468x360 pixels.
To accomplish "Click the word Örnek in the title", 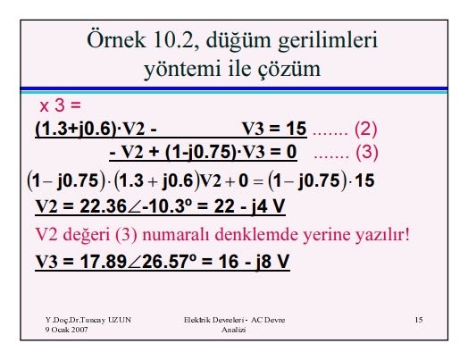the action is [116, 39].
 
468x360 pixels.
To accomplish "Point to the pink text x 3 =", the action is [61, 105].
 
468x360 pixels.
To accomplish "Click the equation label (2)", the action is [365, 129].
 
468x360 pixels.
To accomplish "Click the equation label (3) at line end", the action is [367, 152].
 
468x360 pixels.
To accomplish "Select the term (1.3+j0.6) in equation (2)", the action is [76, 129].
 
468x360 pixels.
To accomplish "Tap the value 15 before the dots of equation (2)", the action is [297, 129].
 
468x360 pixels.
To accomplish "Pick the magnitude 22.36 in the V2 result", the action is [104, 206].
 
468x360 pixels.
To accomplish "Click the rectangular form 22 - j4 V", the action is [249, 206].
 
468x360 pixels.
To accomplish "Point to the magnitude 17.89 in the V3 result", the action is [104, 262].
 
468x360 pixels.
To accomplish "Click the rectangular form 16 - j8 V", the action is [254, 262].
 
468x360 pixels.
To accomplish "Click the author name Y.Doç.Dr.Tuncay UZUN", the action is [88, 320].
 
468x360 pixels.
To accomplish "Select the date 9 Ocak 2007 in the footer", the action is [67, 330].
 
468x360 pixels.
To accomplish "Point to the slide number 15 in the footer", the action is [419, 320].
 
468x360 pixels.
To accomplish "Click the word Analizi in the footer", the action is [234, 330].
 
